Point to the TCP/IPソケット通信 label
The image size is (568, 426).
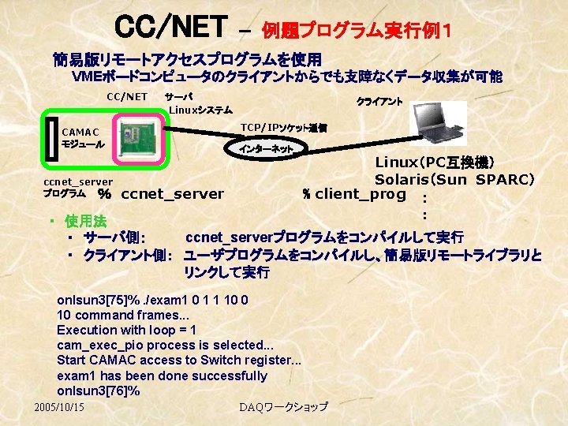283,127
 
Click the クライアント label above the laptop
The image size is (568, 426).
379,101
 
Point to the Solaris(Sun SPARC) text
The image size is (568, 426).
454,179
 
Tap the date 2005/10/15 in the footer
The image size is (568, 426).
60,406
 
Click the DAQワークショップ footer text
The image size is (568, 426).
283,406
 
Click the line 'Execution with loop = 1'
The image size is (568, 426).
126,330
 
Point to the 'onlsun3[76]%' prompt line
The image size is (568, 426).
99,390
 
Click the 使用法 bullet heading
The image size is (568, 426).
85,219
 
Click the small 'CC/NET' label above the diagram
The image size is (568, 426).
127,97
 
